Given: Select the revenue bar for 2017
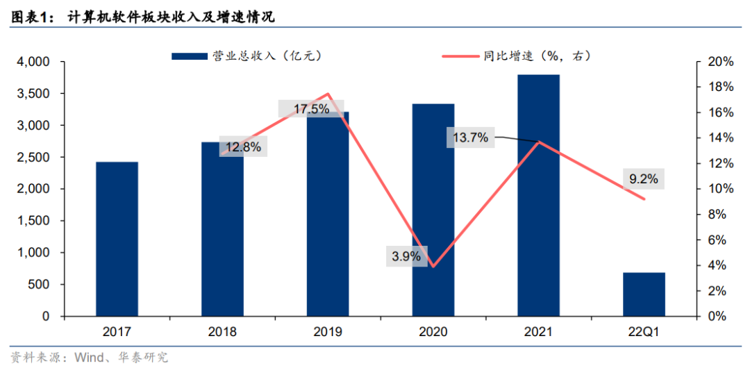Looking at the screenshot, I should click(117, 239).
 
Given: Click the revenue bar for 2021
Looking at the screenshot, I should click(538, 194).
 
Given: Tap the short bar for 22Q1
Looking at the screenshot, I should click(644, 294).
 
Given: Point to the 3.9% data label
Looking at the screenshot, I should click(406, 256).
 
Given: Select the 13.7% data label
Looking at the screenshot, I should click(471, 138).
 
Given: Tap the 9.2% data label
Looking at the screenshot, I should click(643, 179).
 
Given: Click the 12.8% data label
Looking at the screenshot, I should click(243, 147).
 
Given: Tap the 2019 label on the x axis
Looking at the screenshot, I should click(327, 332).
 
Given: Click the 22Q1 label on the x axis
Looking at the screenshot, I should click(643, 332).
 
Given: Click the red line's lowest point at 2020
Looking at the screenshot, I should click(433, 266).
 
